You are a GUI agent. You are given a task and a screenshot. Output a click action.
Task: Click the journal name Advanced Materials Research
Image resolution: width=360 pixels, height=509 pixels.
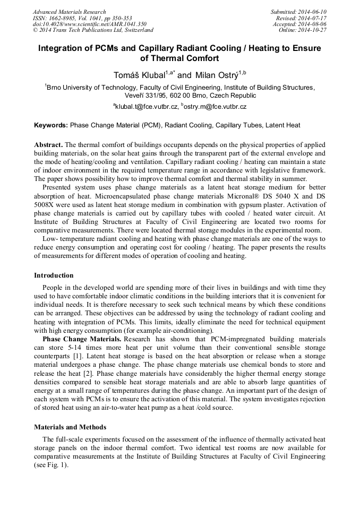(x=69, y=12)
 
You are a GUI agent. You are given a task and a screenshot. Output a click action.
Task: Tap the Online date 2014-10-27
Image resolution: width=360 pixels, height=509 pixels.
(x=313, y=30)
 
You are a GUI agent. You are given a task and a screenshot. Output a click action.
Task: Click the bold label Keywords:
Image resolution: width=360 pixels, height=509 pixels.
(x=51, y=126)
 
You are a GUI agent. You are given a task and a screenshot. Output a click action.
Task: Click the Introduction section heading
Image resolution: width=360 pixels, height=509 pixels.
(x=54, y=275)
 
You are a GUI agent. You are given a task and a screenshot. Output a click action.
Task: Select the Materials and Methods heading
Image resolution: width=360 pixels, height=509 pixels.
(x=70, y=427)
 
